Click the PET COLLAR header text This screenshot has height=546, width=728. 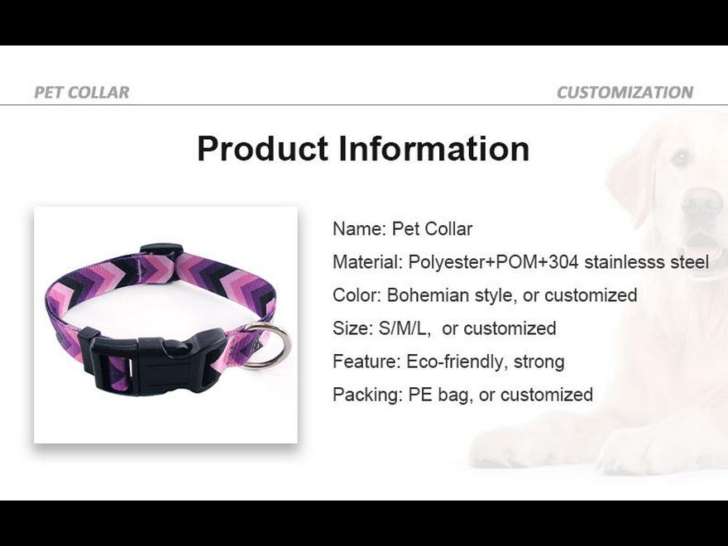[x=82, y=92]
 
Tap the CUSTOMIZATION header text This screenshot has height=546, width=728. [x=625, y=92]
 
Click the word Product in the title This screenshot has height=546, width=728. [x=263, y=149]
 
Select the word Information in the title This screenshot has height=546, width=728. [x=434, y=149]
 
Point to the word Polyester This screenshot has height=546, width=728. [x=447, y=262]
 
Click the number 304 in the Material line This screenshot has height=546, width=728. [x=563, y=262]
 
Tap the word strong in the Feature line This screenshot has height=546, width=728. [x=539, y=362]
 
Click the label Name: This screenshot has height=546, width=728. [x=359, y=229]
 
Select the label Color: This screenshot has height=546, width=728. [x=357, y=295]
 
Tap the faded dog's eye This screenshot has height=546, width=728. [x=682, y=157]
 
